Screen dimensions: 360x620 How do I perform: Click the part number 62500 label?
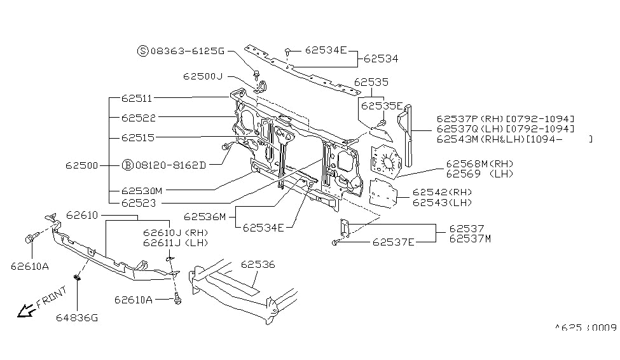[x=81, y=165]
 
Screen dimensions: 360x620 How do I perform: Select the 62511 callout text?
[x=137, y=99]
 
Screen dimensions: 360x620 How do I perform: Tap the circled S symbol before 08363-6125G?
[x=143, y=50]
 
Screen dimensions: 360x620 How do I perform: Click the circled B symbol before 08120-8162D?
[x=127, y=165]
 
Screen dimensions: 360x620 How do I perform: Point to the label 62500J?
[x=202, y=76]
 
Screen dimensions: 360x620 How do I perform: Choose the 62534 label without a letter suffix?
[x=381, y=59]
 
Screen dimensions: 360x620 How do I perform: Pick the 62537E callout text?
[x=393, y=242]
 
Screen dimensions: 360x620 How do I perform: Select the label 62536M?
[x=205, y=216]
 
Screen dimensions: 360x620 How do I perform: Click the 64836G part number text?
[x=76, y=318]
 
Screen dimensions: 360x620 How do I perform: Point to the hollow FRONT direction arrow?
[x=25, y=310]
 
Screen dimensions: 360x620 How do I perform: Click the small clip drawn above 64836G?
[x=76, y=277]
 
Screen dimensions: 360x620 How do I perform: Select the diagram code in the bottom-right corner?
[x=586, y=328]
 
